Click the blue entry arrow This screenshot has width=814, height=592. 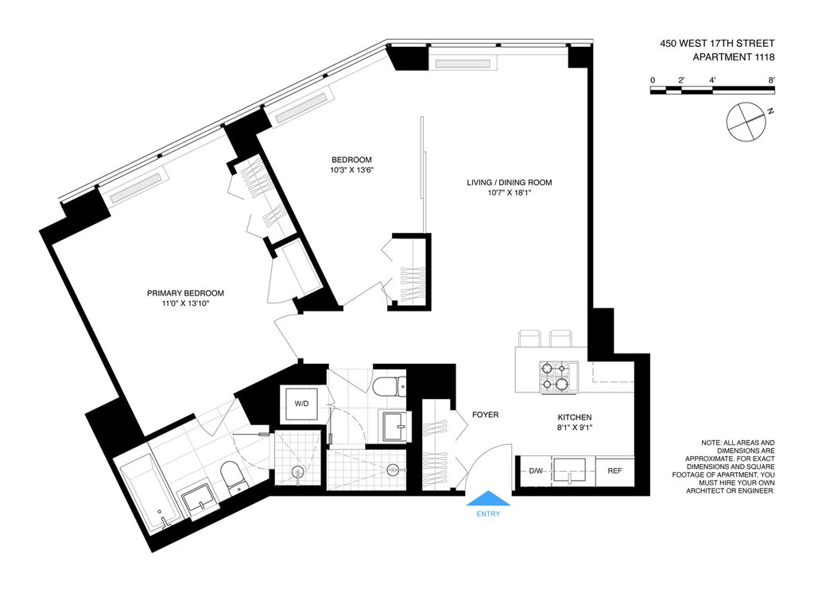[488, 498]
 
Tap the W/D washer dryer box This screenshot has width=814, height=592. [301, 404]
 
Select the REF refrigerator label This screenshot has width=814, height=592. [614, 471]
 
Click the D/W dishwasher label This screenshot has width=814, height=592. [536, 471]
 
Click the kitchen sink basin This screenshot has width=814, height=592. [569, 470]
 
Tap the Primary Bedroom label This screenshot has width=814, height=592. [185, 293]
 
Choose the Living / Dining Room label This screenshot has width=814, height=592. [510, 183]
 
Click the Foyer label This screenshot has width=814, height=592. [486, 415]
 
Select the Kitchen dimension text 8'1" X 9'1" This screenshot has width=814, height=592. [575, 428]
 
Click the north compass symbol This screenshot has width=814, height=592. [746, 122]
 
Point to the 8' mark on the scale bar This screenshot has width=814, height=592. [772, 80]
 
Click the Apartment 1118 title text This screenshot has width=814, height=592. [734, 57]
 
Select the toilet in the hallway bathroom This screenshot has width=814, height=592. [390, 386]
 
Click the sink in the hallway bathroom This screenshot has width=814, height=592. [397, 427]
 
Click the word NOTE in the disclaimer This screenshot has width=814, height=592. [710, 443]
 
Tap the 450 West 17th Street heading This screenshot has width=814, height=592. [718, 44]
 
